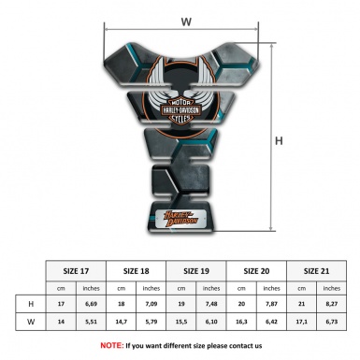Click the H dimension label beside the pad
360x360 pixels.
279,141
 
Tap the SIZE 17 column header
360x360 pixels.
76,269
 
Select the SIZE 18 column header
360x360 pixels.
137,269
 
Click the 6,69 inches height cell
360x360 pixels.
91,305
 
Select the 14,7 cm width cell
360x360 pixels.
122,323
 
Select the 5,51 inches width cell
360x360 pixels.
91,323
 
